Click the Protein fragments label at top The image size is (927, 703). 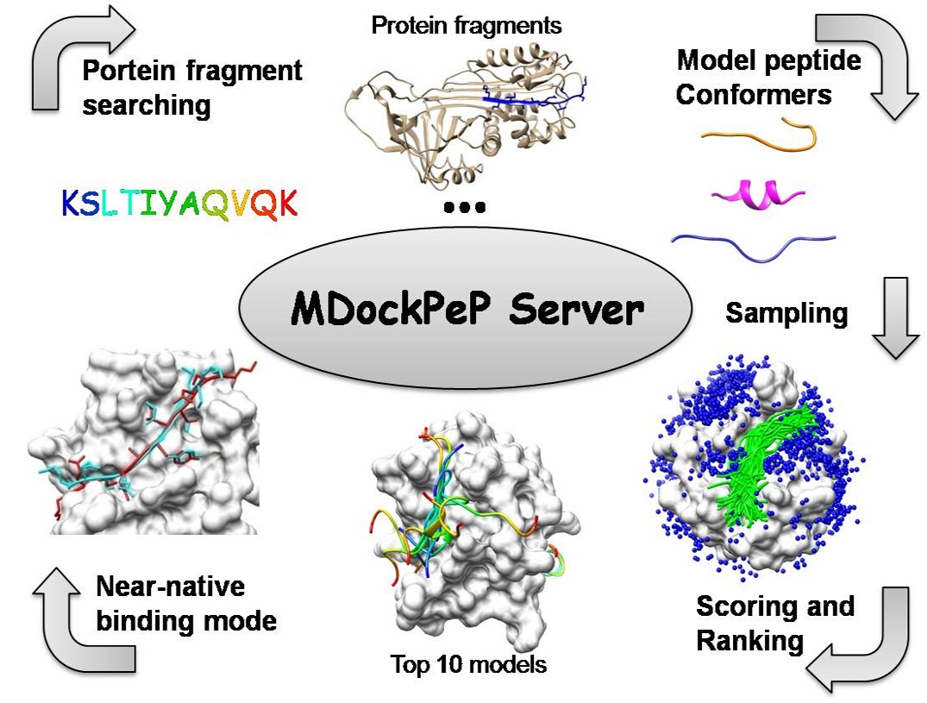point(466,25)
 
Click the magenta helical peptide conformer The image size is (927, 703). point(757,197)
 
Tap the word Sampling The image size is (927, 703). point(786,312)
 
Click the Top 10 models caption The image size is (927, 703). point(467,665)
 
